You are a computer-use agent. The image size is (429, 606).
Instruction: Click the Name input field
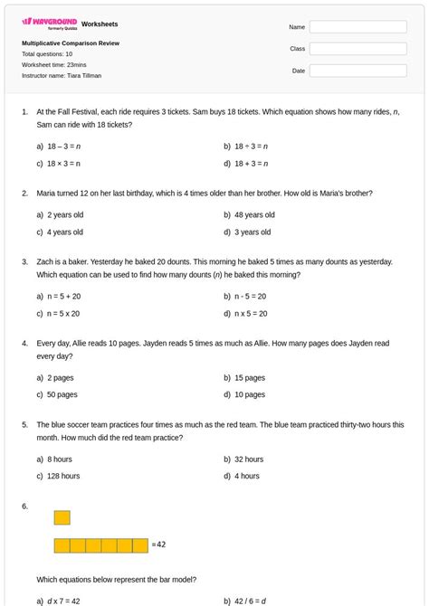[357, 27]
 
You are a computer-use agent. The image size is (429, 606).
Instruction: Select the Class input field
[357, 48]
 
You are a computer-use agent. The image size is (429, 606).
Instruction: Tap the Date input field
[357, 70]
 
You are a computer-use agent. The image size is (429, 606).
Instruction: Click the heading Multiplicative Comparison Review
[71, 43]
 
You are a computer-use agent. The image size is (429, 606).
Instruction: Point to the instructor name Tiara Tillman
[62, 76]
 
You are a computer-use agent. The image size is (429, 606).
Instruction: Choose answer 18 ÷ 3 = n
[251, 146]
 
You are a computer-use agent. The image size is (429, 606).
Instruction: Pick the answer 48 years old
[254, 215]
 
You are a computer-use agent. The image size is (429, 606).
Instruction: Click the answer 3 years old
[253, 232]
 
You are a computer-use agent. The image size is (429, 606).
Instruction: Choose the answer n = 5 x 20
[63, 314]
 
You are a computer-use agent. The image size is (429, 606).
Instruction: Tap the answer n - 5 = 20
[250, 296]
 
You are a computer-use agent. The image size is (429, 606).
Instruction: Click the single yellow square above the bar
[62, 517]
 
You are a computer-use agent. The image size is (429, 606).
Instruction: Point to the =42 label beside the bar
[159, 544]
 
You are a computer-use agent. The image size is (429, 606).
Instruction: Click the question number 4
[24, 344]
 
